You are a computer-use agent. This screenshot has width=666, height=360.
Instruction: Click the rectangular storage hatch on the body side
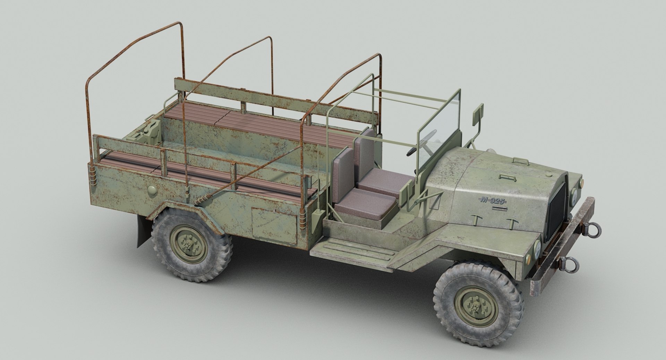pos(274,226)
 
